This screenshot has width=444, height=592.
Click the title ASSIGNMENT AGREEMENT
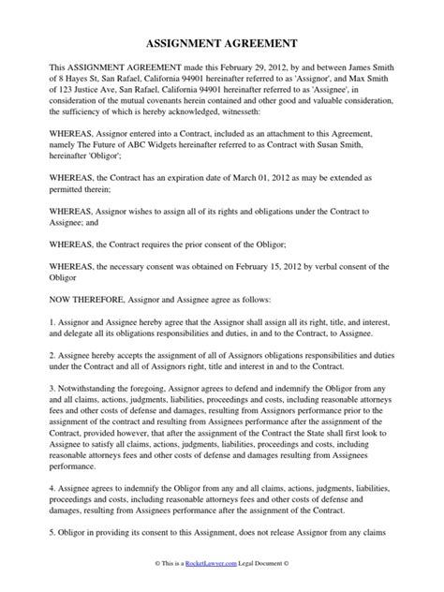point(222,43)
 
